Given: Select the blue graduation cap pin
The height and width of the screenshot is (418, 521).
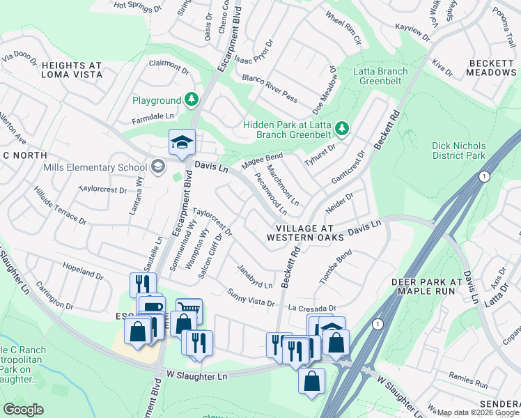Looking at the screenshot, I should (182, 143).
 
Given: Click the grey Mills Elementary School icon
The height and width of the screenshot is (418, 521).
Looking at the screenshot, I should (158, 167).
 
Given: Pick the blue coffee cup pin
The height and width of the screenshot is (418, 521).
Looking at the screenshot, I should (150, 307).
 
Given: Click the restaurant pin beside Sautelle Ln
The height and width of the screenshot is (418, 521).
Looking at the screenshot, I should (143, 284).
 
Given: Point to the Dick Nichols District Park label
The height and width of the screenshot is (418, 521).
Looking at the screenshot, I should (458, 150).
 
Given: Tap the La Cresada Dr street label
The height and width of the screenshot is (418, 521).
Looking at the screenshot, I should (312, 307).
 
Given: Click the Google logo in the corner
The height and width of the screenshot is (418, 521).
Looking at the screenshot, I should (23, 410).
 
